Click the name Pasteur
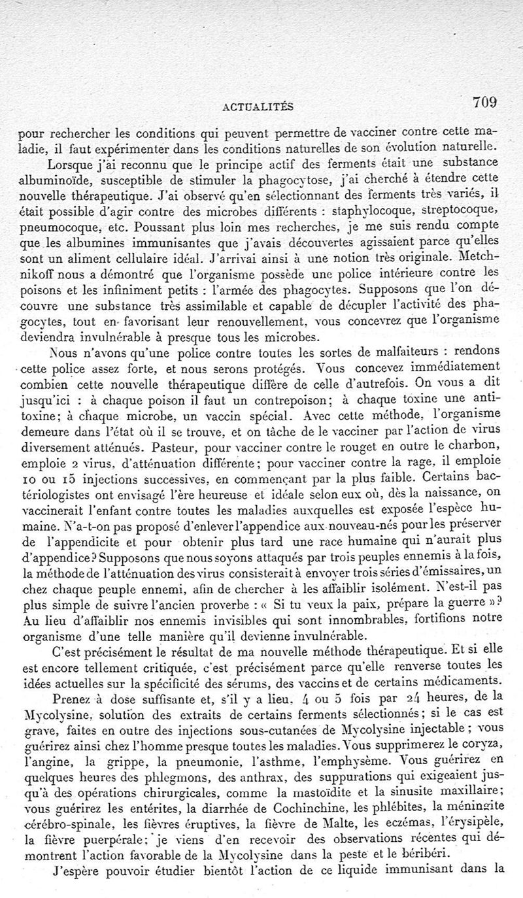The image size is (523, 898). coord(171,450)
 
